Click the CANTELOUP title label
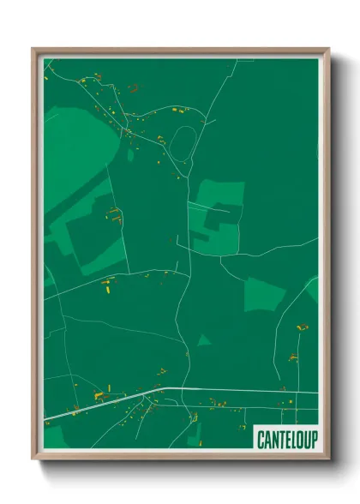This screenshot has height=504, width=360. (x=286, y=439)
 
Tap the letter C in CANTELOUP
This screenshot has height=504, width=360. (x=261, y=439)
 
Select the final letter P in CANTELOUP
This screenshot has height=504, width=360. (x=313, y=439)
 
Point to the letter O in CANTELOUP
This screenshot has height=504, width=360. (x=299, y=439)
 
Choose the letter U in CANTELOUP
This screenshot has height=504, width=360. (x=306, y=439)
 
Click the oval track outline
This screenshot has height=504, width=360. (x=181, y=143)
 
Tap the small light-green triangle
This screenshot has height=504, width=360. (x=203, y=340)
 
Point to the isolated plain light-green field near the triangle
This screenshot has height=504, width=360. (x=264, y=294)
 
